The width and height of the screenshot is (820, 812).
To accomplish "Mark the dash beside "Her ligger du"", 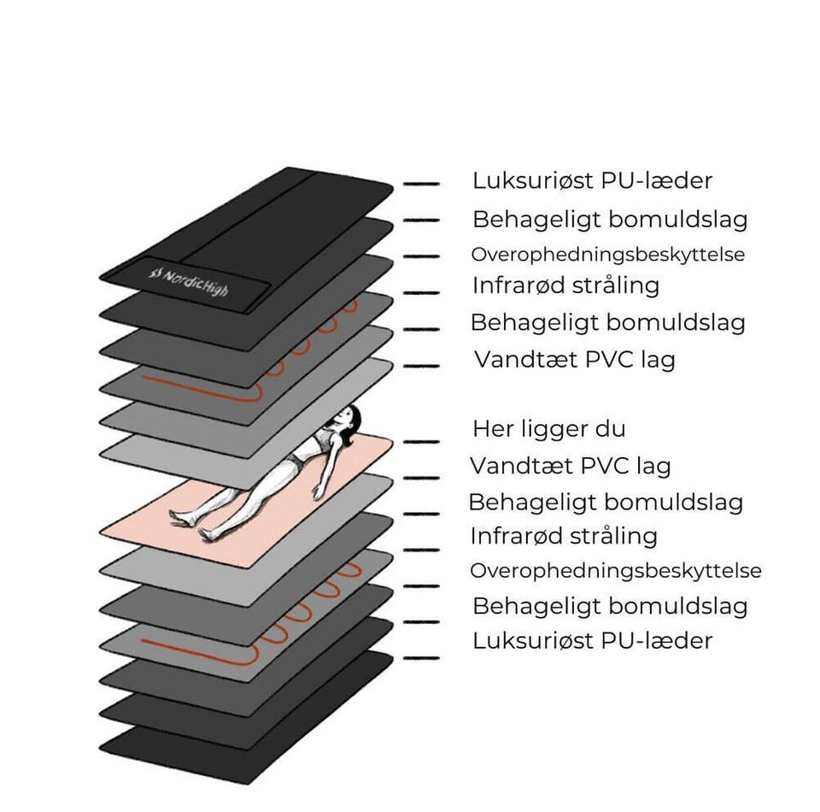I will tap(420, 441).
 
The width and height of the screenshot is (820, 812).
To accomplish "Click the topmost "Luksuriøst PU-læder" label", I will tap(592, 181).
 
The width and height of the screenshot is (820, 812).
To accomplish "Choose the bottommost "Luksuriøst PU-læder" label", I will tap(592, 640).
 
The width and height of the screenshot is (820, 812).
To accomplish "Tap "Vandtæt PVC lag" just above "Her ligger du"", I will tap(574, 360).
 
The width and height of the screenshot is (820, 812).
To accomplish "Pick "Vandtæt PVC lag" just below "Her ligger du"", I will tap(570, 467).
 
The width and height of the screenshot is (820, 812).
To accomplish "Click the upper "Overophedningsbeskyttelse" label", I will tap(607, 255).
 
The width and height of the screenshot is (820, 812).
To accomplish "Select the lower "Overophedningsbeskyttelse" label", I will tap(615, 571).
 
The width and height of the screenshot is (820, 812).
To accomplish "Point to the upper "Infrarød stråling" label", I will tap(565, 285).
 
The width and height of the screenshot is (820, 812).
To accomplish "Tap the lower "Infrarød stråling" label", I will tap(564, 537).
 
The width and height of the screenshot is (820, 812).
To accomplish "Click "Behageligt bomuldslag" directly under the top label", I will tap(610, 220).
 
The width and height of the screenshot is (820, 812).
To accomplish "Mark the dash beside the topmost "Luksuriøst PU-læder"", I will tap(420, 184).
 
